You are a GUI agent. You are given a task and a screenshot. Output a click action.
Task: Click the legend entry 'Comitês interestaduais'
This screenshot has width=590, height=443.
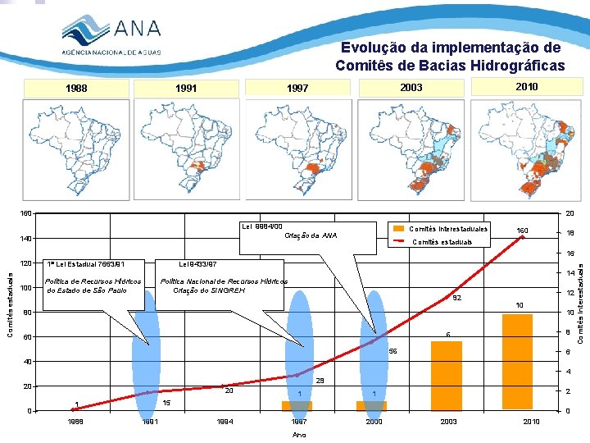point(447,229)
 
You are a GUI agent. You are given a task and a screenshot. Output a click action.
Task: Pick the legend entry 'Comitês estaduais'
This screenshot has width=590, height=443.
point(443,242)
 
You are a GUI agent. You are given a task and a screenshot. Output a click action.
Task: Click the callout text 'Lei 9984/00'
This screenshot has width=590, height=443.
point(261,226)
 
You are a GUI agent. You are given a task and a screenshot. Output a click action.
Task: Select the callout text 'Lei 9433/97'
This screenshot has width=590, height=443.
point(197,264)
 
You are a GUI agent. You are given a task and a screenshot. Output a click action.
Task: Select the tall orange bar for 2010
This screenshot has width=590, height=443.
point(517,362)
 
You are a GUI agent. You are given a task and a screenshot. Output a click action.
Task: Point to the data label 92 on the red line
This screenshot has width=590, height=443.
point(458,299)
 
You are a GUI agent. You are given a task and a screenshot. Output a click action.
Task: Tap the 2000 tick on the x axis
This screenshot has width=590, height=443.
point(373,421)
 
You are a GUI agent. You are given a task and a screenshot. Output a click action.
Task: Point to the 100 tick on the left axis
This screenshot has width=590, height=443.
point(27,288)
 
